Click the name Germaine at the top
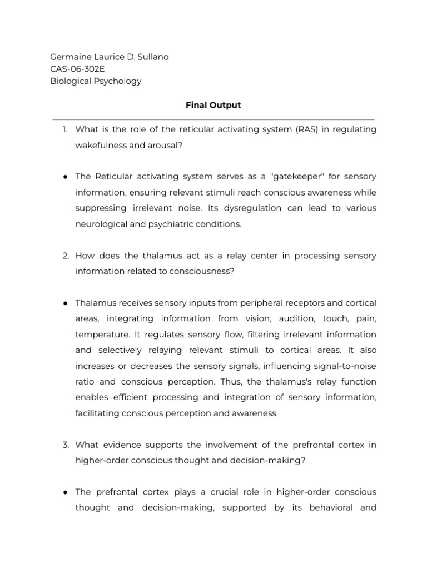pos(69,57)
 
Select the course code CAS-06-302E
pos(77,69)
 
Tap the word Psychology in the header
pos(116,81)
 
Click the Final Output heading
pos(213,105)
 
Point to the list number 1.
pos(64,129)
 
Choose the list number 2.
pos(65,256)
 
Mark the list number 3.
pos(65,445)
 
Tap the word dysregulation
pos(254,208)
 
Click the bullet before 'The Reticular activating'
pos(65,177)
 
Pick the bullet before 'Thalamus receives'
pos(65,303)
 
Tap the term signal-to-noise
pos(340,366)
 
